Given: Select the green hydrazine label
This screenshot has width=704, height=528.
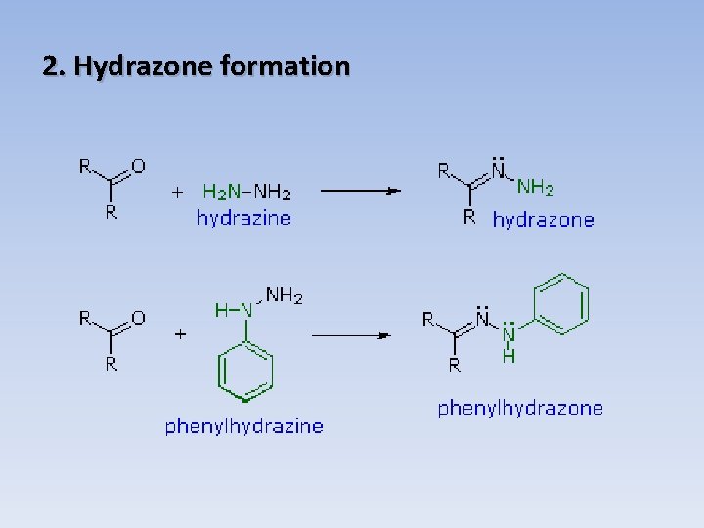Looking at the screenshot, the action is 243,218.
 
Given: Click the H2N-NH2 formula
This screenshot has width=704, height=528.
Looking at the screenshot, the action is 246,191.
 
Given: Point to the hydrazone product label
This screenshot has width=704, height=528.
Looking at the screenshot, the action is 543,220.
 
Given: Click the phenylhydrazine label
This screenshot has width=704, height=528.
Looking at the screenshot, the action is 243,425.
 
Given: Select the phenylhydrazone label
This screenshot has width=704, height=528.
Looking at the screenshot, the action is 520,408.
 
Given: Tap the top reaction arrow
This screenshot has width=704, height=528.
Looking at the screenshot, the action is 360,191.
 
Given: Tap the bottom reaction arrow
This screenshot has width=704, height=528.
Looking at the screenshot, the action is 351,335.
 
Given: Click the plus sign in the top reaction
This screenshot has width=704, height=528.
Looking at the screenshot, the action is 176,192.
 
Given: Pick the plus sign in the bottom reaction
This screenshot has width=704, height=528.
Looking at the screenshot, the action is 179,334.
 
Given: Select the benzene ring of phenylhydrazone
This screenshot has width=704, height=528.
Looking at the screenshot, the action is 560,303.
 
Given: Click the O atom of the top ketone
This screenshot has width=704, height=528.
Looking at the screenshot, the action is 138,167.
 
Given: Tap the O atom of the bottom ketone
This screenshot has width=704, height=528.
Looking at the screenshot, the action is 138,318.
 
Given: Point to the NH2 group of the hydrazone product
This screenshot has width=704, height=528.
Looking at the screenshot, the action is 536,187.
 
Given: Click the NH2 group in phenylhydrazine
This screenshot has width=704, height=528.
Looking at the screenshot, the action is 284,295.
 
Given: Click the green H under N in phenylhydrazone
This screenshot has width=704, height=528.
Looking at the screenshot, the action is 508,358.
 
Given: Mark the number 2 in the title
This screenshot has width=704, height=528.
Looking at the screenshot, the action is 49,67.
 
